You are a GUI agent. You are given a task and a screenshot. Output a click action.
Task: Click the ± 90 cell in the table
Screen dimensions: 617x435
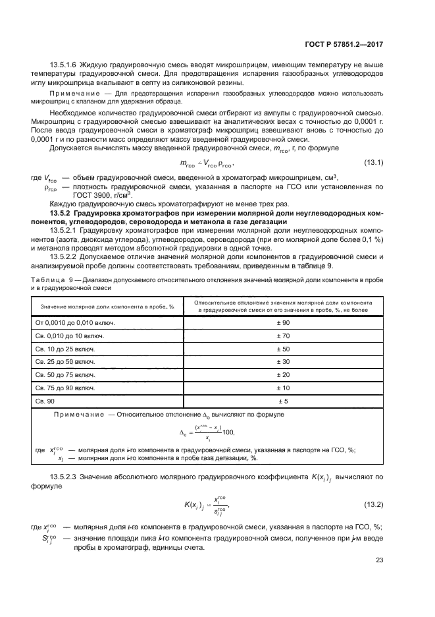click(x=286, y=323)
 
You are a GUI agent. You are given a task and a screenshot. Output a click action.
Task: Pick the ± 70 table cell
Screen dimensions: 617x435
click(x=286, y=336)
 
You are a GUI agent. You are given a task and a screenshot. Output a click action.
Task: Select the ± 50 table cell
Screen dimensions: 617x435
click(x=286, y=349)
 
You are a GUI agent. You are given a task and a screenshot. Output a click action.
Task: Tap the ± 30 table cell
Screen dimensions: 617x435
click(x=286, y=362)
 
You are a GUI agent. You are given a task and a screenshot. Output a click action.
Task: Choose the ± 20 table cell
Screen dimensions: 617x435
click(x=286, y=374)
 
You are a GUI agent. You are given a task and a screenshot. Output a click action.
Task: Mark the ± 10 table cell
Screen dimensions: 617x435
click(x=286, y=388)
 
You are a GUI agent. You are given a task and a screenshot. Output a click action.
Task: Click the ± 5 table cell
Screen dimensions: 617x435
click(x=286, y=401)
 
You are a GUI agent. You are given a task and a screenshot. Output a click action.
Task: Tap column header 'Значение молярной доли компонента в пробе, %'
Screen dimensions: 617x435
click(x=107, y=307)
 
